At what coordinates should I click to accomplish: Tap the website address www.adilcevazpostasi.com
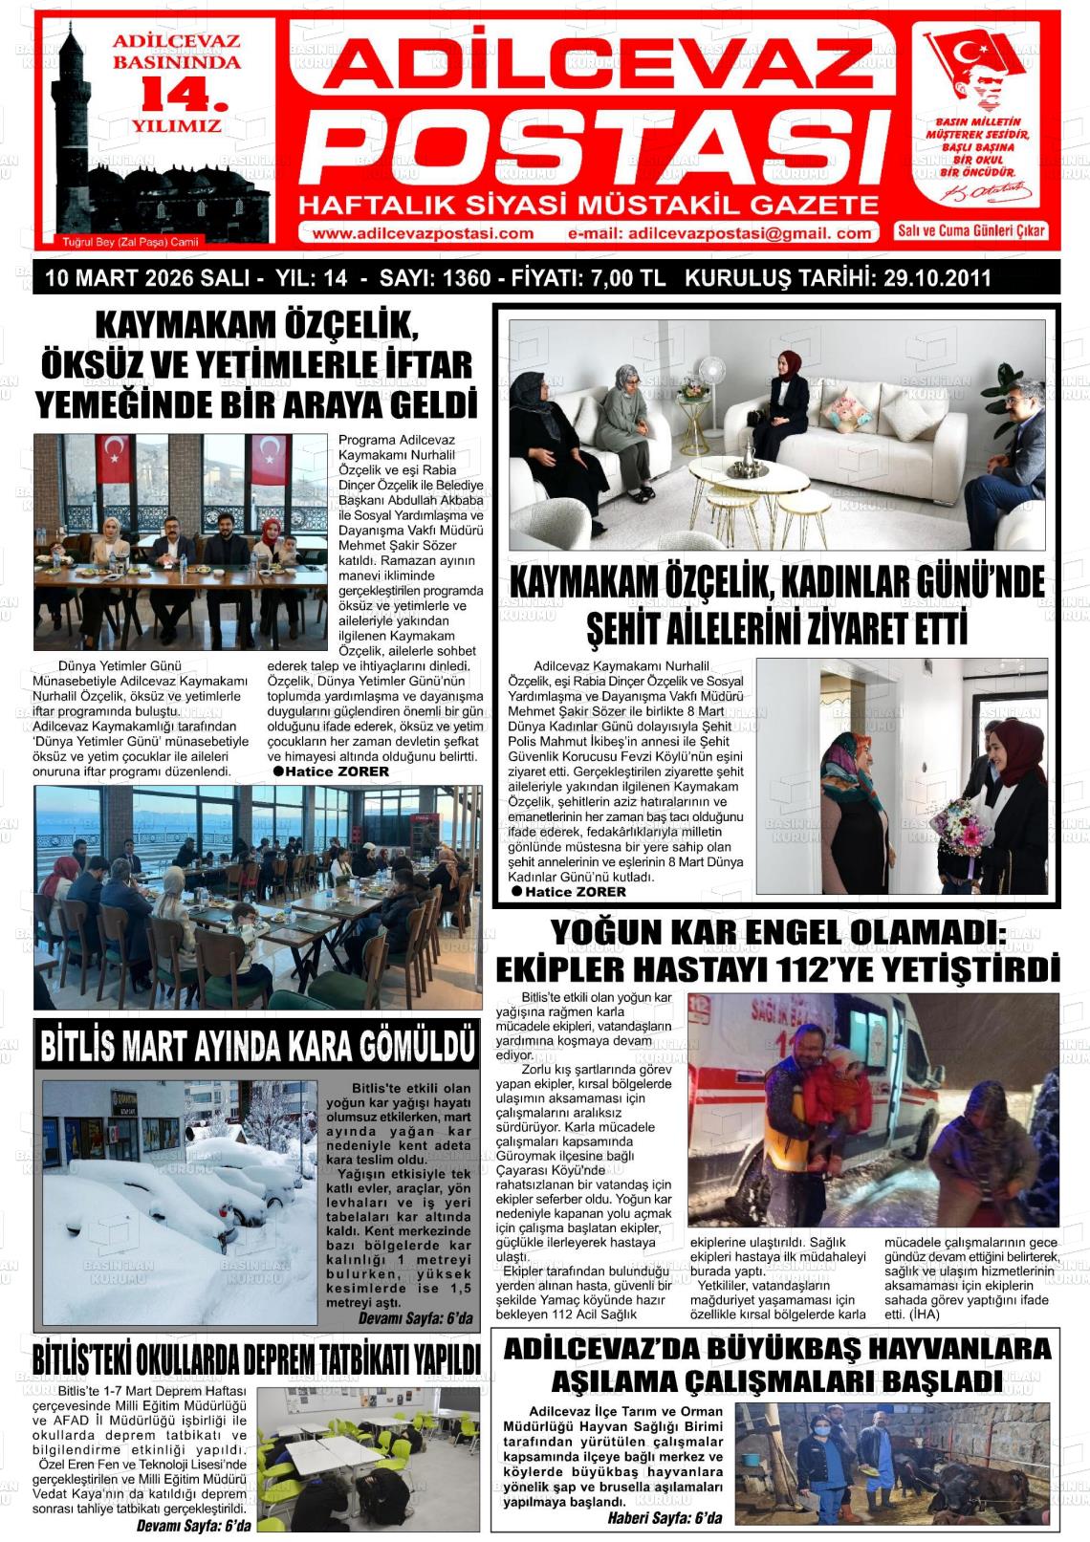click(x=423, y=234)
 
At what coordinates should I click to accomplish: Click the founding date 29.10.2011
click(x=937, y=279)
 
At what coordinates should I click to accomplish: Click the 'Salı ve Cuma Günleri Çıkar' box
click(x=971, y=231)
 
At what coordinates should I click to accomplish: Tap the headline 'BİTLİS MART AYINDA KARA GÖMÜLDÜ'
click(x=256, y=1045)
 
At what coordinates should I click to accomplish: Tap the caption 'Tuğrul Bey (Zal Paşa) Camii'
click(x=130, y=242)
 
